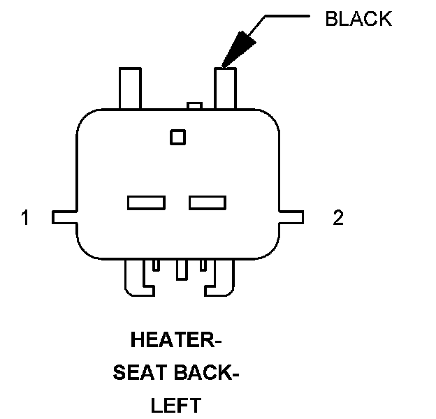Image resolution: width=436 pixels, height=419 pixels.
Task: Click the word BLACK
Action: (358, 19)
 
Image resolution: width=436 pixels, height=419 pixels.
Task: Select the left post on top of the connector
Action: (130, 87)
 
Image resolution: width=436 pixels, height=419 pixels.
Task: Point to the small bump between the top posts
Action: (195, 106)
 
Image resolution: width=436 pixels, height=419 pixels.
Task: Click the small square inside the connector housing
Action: (178, 137)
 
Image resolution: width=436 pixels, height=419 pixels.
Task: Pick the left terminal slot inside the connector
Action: (146, 203)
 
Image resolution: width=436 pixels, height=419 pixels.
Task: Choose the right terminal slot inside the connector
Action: (208, 203)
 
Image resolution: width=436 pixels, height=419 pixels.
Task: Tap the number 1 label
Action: (25, 219)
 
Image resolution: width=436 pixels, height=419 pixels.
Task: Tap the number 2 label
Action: (338, 219)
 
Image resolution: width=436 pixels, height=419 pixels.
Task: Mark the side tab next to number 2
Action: (292, 217)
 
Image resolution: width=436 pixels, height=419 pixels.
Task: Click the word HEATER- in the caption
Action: (175, 341)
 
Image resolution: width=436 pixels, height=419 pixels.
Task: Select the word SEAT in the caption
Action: (138, 374)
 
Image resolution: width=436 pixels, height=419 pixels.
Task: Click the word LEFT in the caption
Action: (175, 405)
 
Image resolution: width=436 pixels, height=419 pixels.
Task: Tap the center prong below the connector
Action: (182, 270)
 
